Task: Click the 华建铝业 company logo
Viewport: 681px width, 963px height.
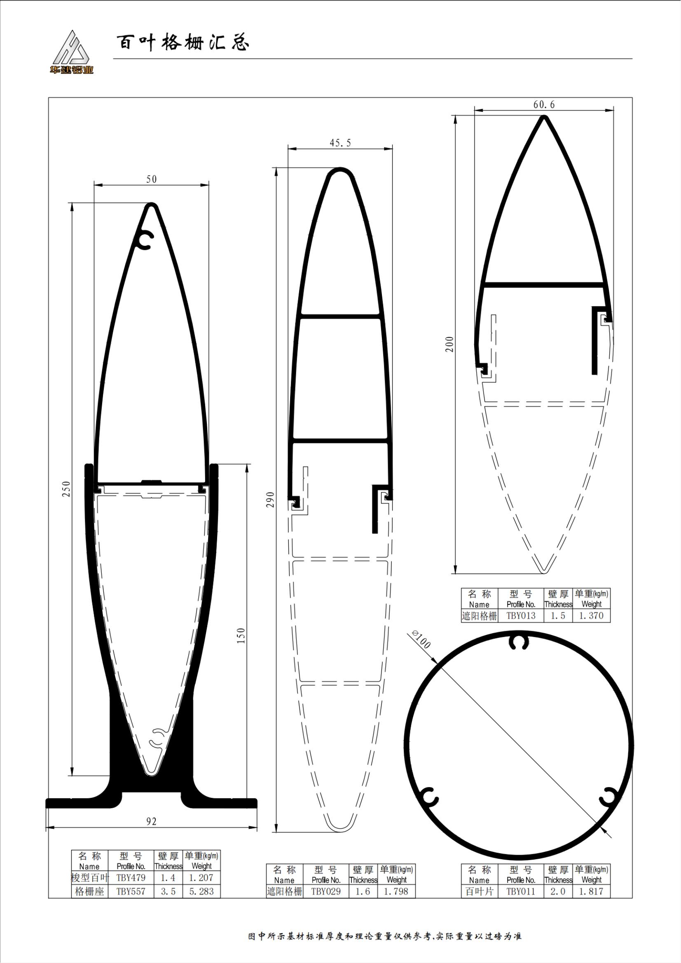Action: point(71,52)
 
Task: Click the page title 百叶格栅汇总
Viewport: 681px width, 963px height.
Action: point(183,43)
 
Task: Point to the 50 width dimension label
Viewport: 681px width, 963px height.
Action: point(152,180)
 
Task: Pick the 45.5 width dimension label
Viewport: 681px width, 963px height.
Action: point(340,143)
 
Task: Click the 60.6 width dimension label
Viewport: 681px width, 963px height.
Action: point(544,105)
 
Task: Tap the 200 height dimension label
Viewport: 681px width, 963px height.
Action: point(450,344)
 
